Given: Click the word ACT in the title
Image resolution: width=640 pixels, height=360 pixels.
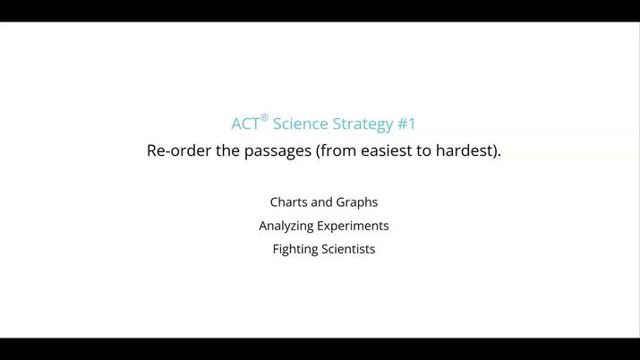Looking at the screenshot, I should click(x=244, y=124).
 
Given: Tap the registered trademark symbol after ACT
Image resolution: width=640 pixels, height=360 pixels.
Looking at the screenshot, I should click(x=264, y=117).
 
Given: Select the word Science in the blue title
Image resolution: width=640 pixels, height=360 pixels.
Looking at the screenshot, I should click(x=300, y=124).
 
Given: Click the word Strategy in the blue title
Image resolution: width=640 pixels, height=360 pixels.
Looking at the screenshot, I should click(x=363, y=124).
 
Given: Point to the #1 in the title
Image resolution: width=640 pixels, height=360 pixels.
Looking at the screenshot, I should click(x=406, y=124).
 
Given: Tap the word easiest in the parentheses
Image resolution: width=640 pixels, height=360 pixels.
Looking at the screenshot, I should click(x=388, y=150).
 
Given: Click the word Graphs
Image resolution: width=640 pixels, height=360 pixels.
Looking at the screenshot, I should click(x=357, y=202).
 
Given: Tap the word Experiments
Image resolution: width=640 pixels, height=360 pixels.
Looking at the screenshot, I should click(x=356, y=226).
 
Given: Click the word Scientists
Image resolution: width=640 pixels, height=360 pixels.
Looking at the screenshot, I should click(x=348, y=249).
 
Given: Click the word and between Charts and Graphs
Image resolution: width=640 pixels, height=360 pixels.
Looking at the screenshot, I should click(x=321, y=202).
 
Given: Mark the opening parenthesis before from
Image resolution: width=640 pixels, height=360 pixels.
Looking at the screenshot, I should click(x=318, y=150).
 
